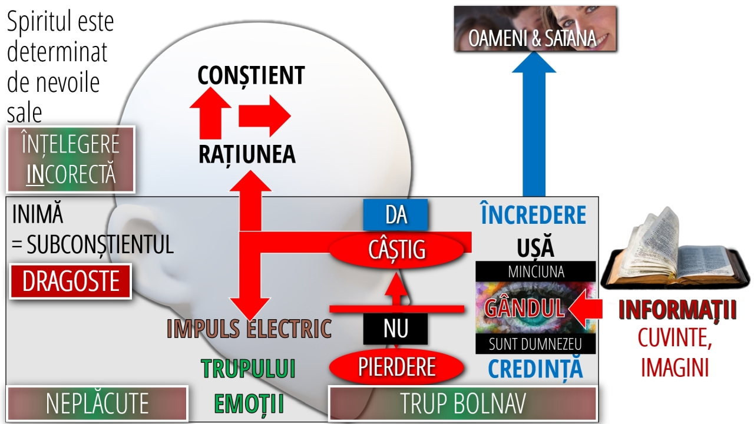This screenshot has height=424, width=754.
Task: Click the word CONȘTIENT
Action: click(x=251, y=75)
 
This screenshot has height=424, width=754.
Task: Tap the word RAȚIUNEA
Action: click(x=247, y=154)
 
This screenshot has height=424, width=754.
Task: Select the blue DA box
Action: click(x=396, y=215)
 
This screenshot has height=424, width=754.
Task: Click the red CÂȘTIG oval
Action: click(x=396, y=250)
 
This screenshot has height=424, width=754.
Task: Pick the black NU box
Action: click(x=396, y=329)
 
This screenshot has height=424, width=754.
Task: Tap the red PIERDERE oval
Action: click(x=396, y=367)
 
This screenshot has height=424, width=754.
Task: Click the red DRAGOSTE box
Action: click(x=70, y=281)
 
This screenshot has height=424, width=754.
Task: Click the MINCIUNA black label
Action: click(x=535, y=271)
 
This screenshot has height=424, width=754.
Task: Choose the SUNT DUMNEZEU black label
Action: click(x=535, y=343)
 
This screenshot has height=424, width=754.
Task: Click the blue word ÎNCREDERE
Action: click(x=534, y=216)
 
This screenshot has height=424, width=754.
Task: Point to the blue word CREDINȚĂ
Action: click(x=535, y=369)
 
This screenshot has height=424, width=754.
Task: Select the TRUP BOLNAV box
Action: click(x=462, y=404)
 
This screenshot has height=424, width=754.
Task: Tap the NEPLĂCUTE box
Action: click(x=97, y=404)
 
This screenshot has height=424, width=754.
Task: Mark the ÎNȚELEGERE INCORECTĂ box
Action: click(x=71, y=159)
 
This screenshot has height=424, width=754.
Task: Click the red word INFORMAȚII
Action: click(x=677, y=310)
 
